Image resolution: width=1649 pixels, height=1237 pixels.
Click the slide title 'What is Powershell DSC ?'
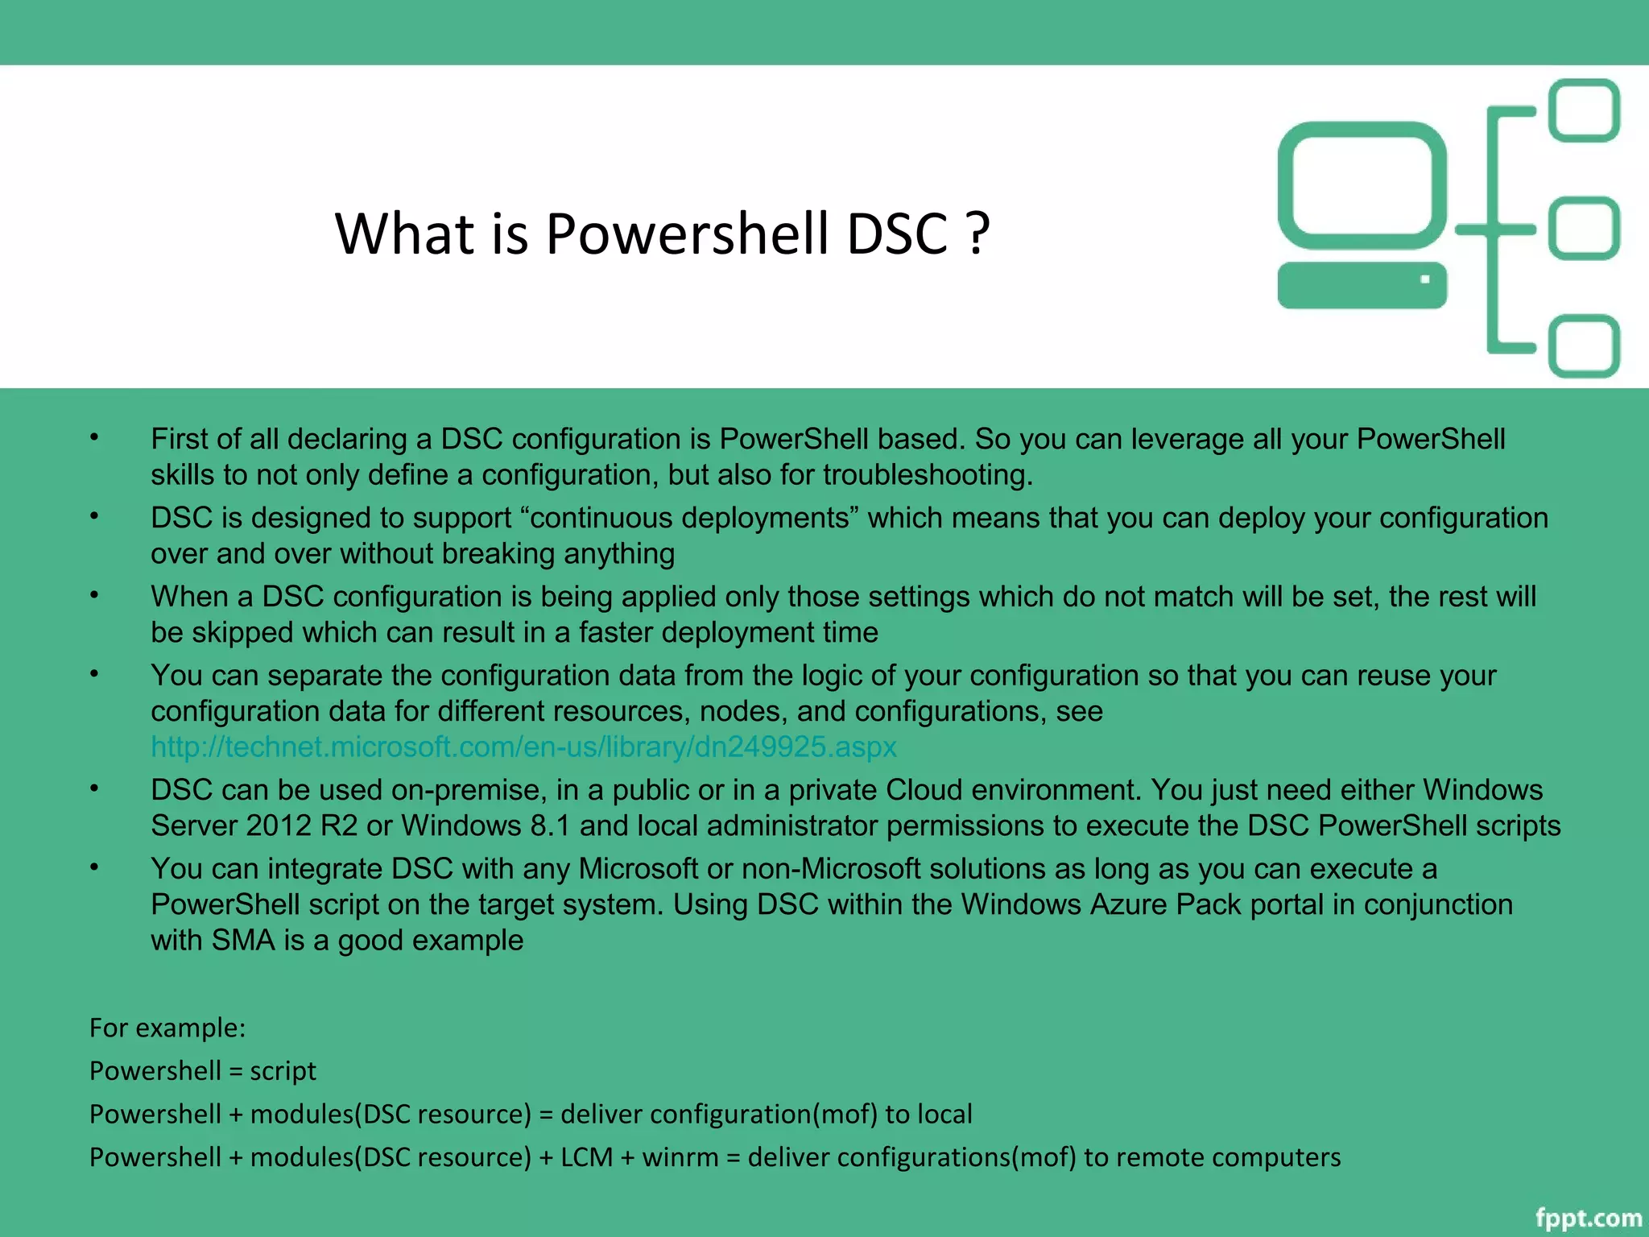(662, 234)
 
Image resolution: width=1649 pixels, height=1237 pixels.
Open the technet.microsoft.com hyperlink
(523, 747)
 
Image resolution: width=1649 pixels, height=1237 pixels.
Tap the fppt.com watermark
(1588, 1218)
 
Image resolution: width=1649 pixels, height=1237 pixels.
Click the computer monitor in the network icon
(1362, 185)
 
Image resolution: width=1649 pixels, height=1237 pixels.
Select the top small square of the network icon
(1584, 110)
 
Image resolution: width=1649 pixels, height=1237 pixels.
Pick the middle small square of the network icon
(1584, 229)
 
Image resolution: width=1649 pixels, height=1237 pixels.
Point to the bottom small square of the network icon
(1584, 346)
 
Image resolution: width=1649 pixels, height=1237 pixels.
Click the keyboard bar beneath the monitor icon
(1362, 285)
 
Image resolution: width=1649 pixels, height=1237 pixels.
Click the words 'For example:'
(167, 1028)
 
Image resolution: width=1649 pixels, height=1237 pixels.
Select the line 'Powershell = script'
(203, 1071)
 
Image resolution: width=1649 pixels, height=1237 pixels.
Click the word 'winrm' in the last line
(680, 1157)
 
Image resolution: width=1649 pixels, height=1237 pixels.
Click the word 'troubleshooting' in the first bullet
(926, 475)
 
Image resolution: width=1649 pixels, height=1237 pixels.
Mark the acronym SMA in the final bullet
(243, 941)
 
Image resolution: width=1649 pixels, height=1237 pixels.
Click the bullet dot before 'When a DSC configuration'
(94, 595)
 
